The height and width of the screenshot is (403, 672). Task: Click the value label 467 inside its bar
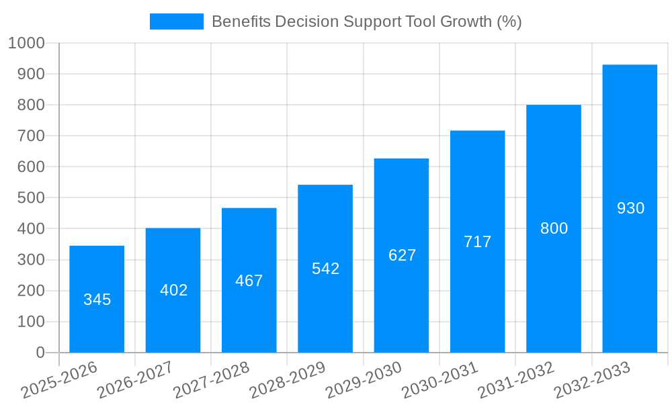click(249, 281)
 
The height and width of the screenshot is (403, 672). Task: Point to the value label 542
click(326, 269)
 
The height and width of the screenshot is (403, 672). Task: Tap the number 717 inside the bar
click(478, 242)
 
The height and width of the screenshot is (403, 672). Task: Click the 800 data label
click(554, 228)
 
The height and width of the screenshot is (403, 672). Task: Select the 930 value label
click(630, 208)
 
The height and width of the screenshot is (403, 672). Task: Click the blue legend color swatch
click(176, 21)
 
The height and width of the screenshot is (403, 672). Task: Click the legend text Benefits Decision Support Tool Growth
click(366, 21)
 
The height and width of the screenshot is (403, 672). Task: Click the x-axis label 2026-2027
click(134, 379)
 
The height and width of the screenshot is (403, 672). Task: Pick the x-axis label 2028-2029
click(287, 379)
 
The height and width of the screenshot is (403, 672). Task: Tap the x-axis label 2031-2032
click(515, 379)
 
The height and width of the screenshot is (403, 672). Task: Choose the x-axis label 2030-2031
click(439, 379)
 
